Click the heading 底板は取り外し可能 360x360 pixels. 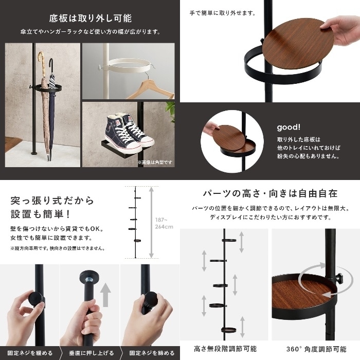[x=90, y=19]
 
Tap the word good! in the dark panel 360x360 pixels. [x=289, y=127]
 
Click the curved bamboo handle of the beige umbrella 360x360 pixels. [x=41, y=60]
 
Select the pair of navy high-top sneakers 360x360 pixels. [x=129, y=132]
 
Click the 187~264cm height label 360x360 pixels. [x=164, y=223]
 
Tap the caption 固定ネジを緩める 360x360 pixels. [x=30, y=353]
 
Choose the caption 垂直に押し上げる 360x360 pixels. [x=92, y=353]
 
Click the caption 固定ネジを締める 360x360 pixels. [x=152, y=353]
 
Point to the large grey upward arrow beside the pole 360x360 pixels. [x=105, y=295]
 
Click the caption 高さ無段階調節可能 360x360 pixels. [x=225, y=349]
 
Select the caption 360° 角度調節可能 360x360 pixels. [x=316, y=349]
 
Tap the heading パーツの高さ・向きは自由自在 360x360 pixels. [x=271, y=193]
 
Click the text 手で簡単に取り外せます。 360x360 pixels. [x=223, y=13]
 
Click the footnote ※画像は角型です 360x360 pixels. [x=155, y=163]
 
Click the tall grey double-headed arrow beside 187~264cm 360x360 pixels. [x=151, y=222]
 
